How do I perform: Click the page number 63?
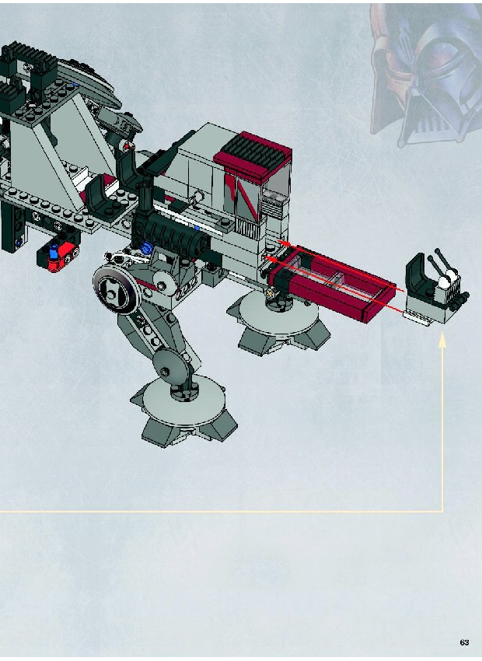tap(464, 642)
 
